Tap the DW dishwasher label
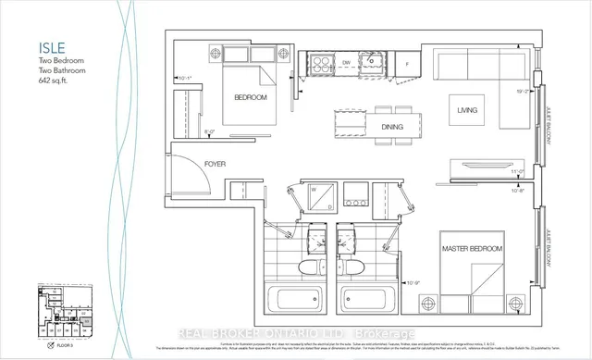click(x=345, y=64)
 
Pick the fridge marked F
click(x=408, y=63)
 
